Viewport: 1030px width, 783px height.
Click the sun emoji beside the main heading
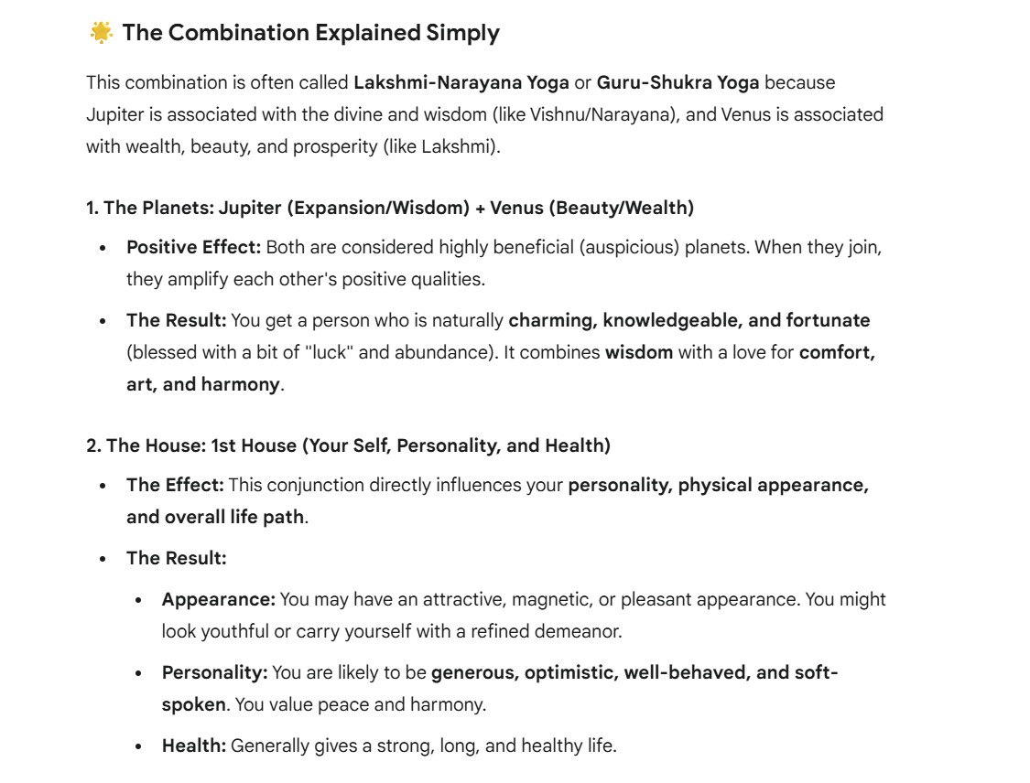point(101,33)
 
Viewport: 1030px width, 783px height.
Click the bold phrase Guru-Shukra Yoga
point(678,82)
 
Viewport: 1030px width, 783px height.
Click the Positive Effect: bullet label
point(194,247)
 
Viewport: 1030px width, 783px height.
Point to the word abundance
point(450,352)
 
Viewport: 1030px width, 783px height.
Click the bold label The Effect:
point(175,485)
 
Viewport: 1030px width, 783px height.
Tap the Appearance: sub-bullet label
point(219,599)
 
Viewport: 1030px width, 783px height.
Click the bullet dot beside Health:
point(138,745)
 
